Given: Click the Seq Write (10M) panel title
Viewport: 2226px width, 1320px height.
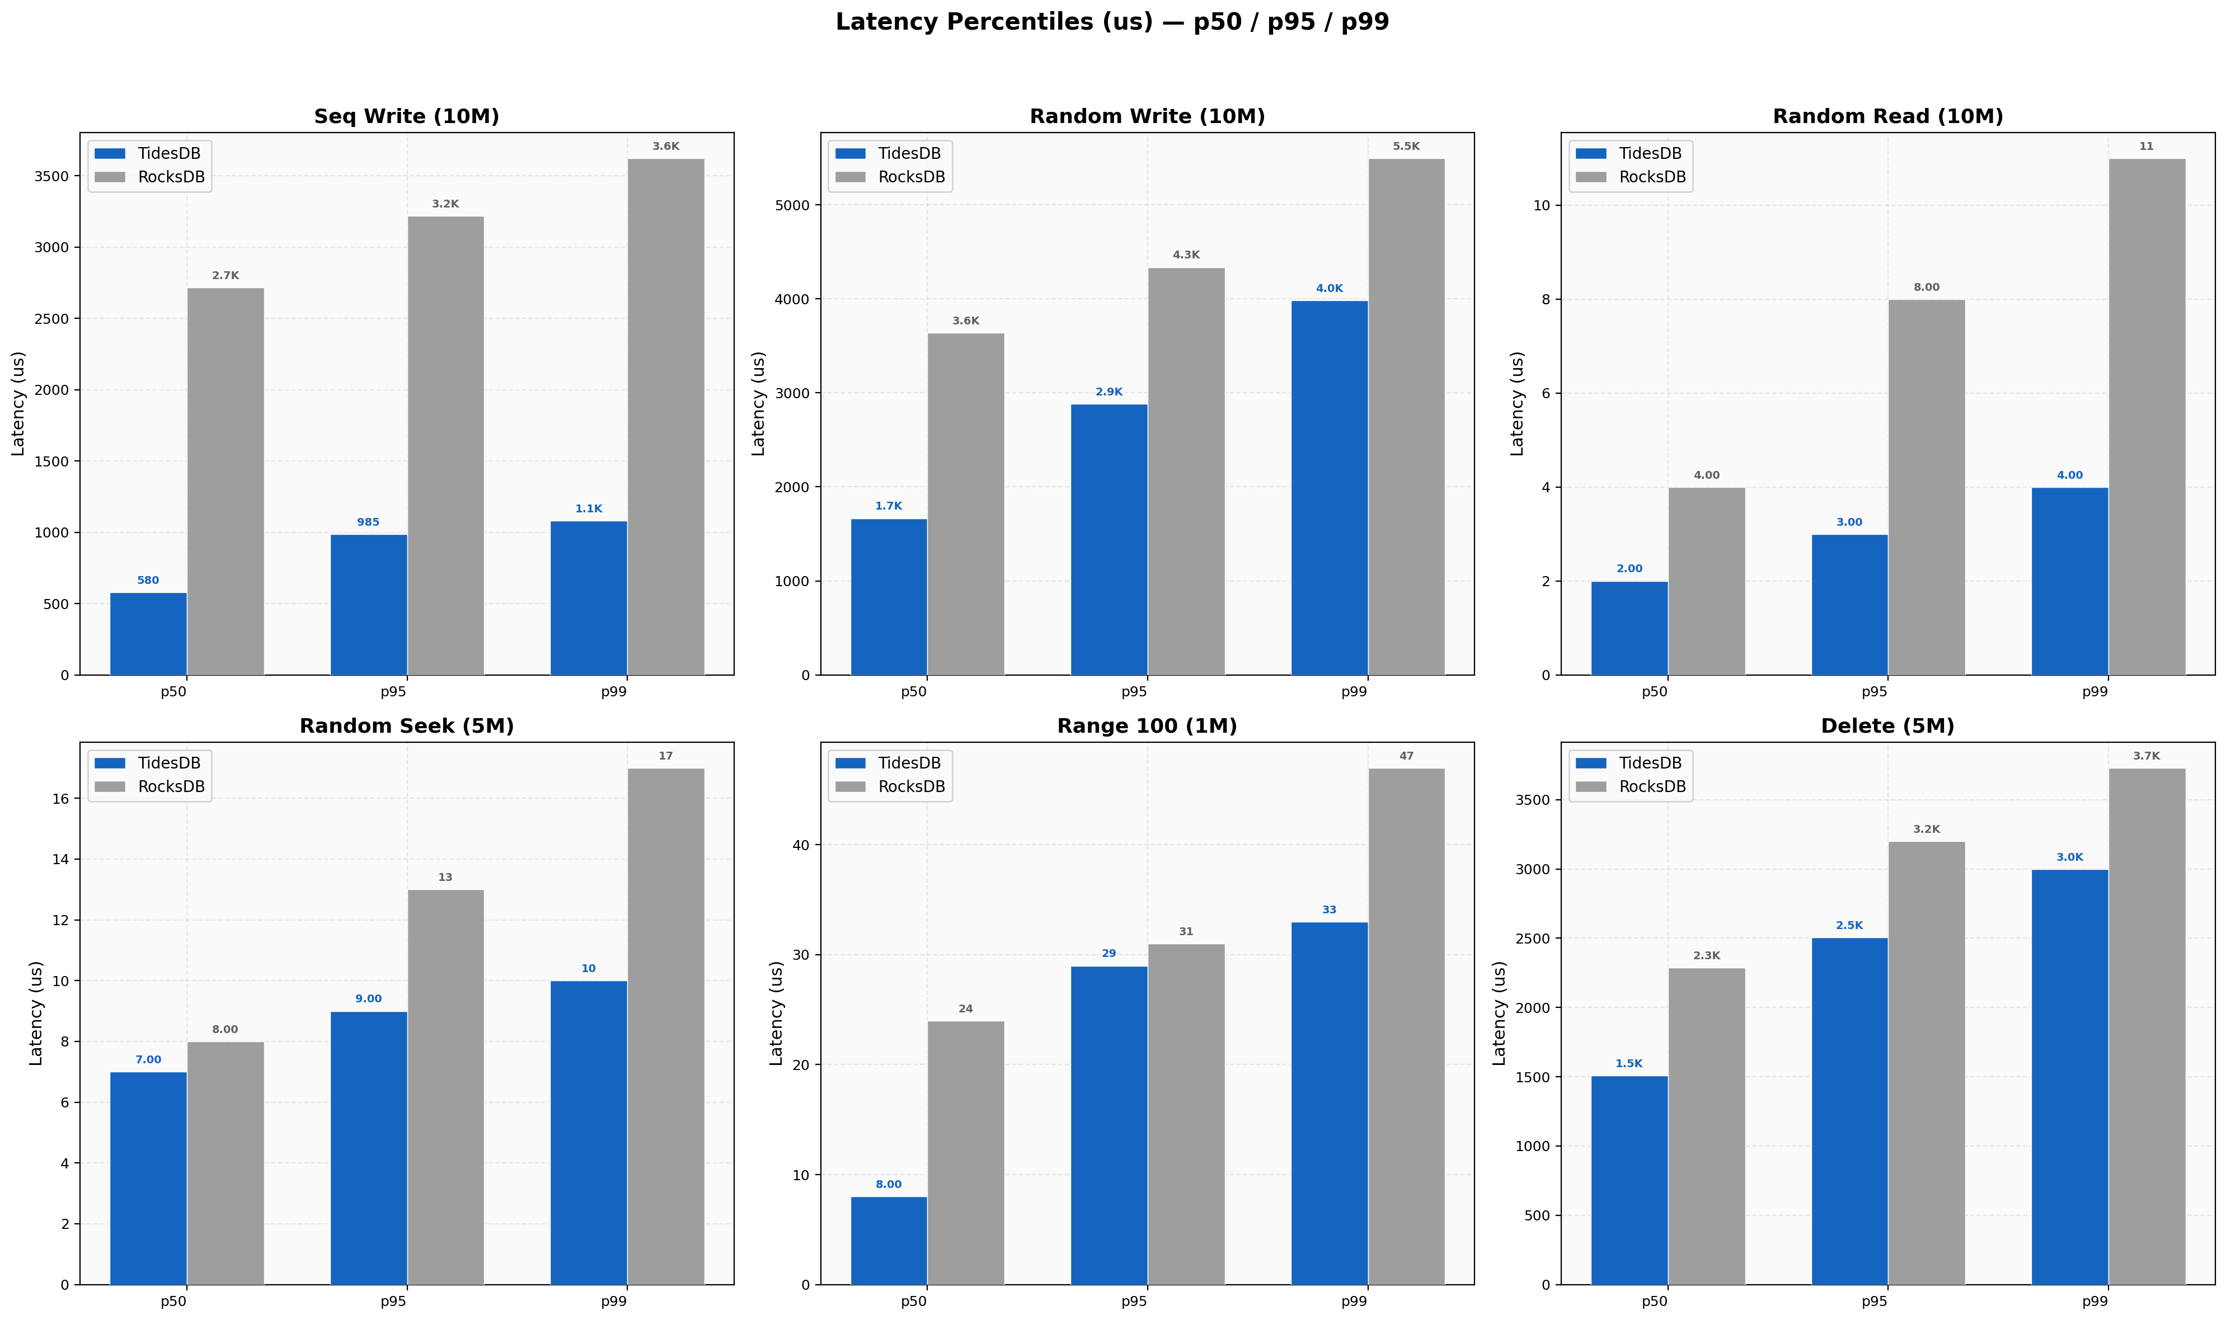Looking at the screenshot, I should pos(407,116).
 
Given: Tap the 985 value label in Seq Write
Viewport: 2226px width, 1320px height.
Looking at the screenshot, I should pos(368,522).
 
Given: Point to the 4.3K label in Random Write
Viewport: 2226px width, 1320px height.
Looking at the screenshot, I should pos(1186,255).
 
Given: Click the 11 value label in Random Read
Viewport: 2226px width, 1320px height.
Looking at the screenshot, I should pos(2146,147).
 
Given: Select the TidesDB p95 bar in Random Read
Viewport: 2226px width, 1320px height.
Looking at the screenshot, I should pos(1849,605).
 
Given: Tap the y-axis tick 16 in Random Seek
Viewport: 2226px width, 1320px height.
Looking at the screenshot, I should pos(60,799).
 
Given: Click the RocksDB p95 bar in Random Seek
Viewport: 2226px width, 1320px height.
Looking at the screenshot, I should pos(446,1087).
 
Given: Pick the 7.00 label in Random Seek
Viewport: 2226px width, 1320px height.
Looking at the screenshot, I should pos(149,1060).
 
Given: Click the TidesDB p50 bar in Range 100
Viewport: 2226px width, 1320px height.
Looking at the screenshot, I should pos(889,1240).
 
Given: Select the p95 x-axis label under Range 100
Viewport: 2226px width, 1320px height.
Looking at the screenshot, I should pos(1134,1302).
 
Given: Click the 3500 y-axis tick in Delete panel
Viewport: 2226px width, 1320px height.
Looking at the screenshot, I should pos(1532,800).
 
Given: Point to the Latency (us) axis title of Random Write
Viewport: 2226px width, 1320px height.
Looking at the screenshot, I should pos(759,404).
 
